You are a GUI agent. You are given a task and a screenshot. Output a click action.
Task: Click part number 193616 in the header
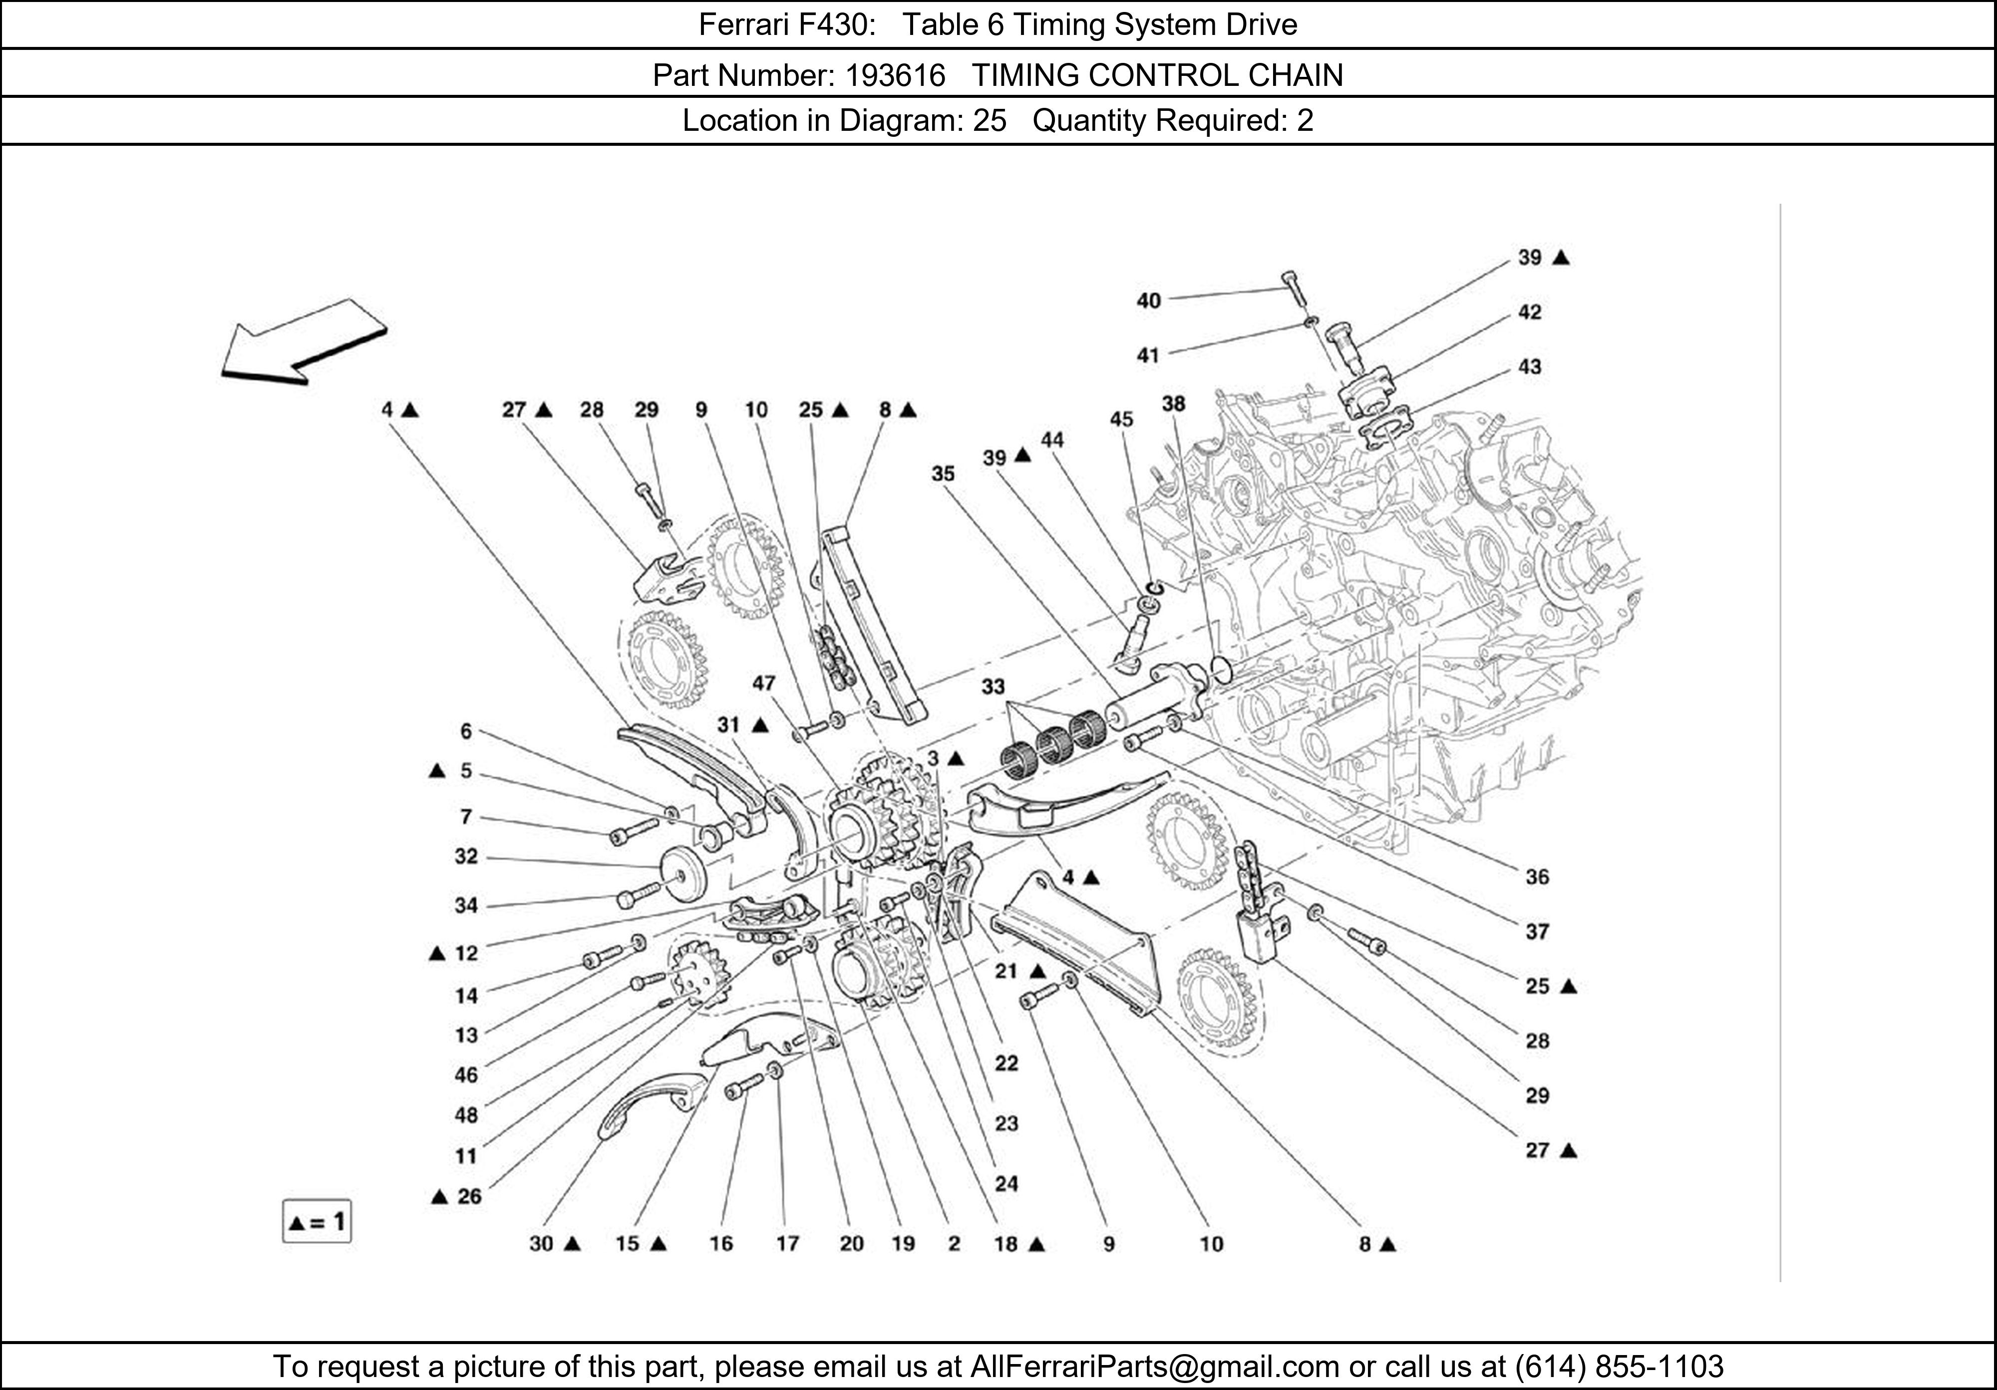click(895, 76)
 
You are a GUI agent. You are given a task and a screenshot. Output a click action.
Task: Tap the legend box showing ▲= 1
click(317, 1222)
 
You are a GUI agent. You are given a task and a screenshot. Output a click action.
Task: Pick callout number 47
click(764, 683)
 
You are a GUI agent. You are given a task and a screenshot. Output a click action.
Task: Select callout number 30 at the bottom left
click(541, 1243)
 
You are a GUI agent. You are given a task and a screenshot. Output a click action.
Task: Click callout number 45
click(1121, 419)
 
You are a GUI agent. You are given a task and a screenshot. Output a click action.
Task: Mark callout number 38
click(1173, 403)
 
